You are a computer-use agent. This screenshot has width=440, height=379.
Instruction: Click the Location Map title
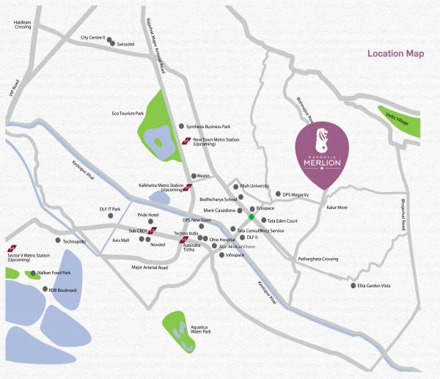point(395,54)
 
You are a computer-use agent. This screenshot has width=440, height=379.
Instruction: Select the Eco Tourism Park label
point(128,113)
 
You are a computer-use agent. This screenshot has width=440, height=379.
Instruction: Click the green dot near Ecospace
point(251,217)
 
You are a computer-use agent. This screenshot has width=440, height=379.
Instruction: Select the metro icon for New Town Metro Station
point(186,141)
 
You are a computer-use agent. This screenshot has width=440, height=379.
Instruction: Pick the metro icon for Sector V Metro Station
point(12,246)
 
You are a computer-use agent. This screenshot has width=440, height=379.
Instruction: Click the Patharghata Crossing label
point(318,259)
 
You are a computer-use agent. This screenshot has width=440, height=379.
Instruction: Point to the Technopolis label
point(74,241)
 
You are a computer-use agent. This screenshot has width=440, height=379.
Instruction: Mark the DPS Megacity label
point(297,194)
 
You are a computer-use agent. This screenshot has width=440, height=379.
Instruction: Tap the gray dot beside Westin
point(192,176)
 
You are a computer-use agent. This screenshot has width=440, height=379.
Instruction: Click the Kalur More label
point(336,207)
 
